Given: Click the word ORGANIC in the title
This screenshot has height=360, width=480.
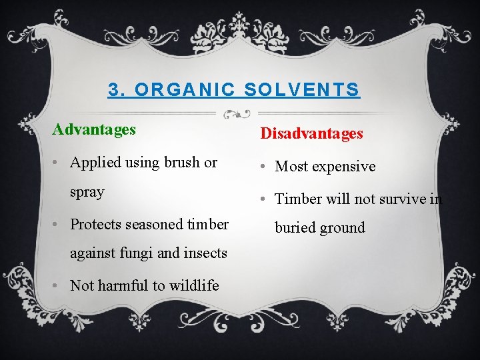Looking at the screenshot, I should (178, 89).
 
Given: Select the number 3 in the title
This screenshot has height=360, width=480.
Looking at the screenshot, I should (114, 89).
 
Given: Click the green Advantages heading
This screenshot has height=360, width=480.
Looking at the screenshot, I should (94, 129).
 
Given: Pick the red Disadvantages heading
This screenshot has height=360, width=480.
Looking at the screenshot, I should (311, 133).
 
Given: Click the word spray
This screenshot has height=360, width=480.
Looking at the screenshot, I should (87, 192).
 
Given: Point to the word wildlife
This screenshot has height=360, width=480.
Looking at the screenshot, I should (193, 285).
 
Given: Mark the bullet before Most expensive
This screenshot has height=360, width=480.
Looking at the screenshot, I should (264, 167).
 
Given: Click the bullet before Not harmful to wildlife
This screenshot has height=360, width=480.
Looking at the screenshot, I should (59, 285).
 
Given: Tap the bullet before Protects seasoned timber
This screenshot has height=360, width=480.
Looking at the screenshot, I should (59, 224).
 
